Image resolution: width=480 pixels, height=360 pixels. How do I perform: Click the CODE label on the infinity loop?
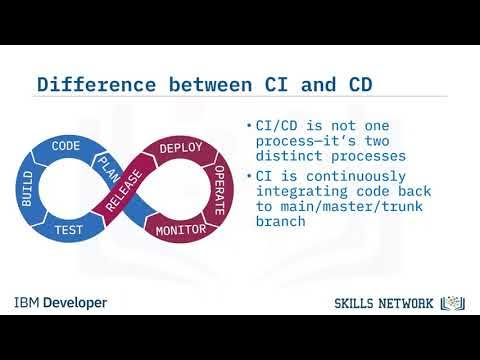pyautogui.click(x=66, y=145)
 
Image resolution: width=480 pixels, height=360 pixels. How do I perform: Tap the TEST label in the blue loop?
pyautogui.click(x=67, y=230)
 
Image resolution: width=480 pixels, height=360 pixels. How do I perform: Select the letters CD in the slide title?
pyautogui.click(x=358, y=84)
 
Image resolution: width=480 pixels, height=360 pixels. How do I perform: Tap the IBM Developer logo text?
pyautogui.click(x=60, y=302)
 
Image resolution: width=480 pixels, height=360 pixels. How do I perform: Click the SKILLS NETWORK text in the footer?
pyautogui.click(x=384, y=303)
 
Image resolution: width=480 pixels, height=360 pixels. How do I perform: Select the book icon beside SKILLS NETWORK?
pyautogui.click(x=453, y=302)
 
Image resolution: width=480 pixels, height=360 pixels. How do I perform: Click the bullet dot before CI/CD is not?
pyautogui.click(x=248, y=126)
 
